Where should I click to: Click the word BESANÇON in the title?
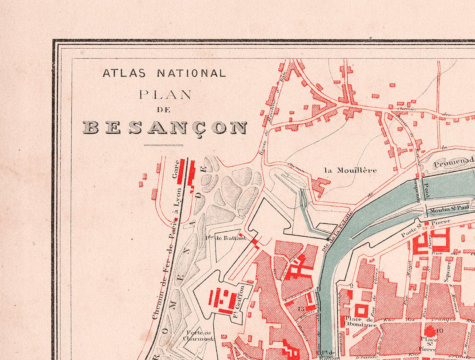click(x=164, y=128)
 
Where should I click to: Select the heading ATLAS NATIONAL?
click(x=164, y=74)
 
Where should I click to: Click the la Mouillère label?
click(x=351, y=170)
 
